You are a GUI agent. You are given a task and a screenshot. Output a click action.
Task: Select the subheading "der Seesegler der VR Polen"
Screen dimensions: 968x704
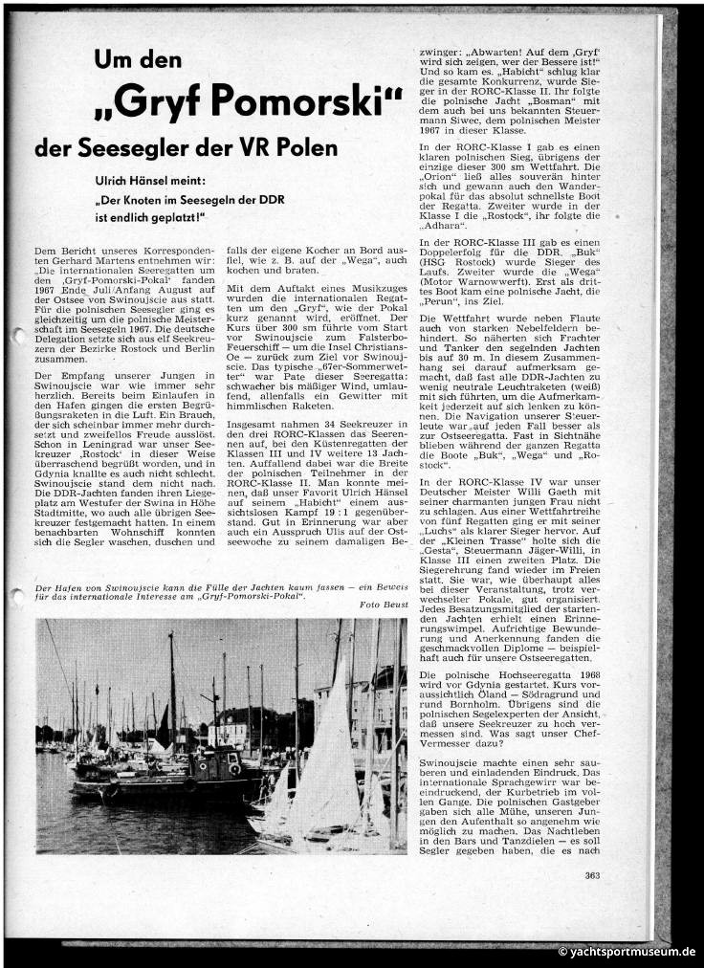coord(186,148)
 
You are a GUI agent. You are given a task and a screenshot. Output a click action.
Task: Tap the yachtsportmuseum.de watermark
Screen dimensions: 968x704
coord(627,952)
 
